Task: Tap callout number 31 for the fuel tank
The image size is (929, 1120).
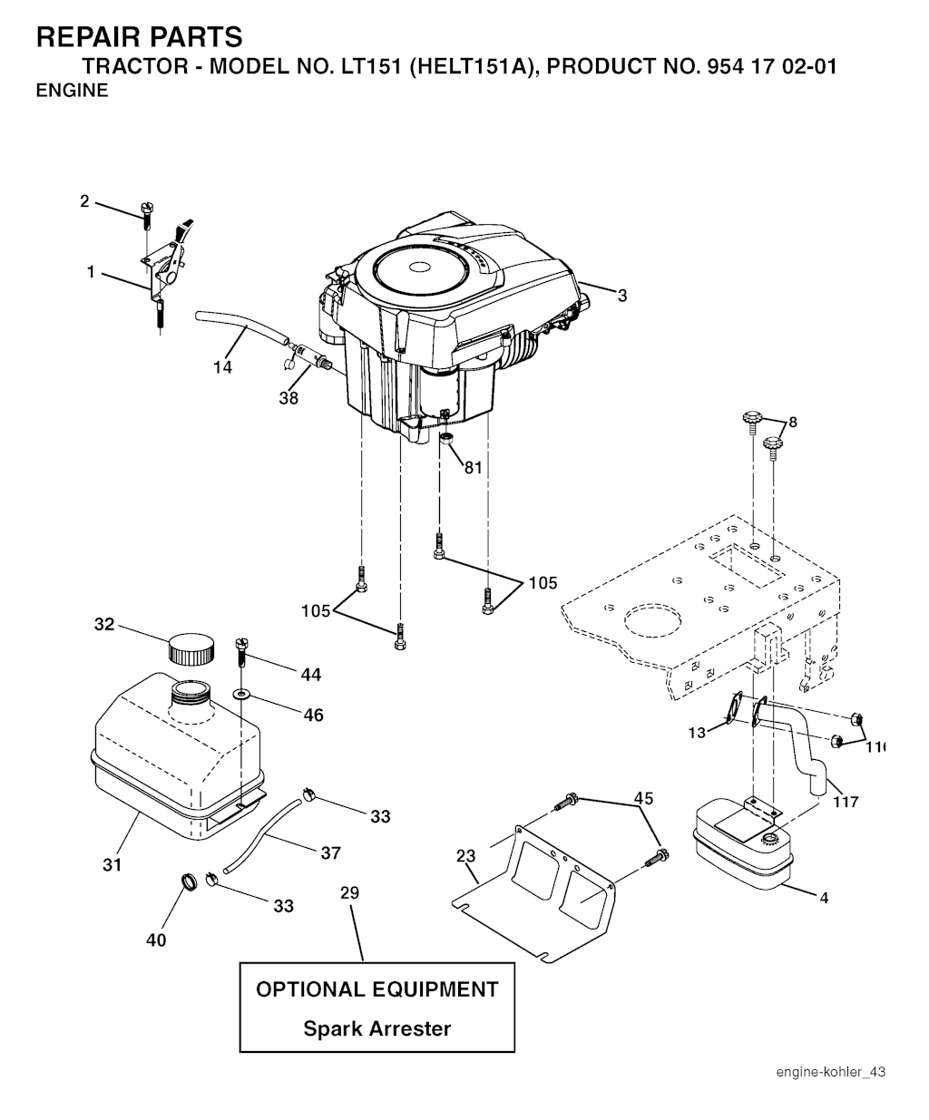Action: [112, 865]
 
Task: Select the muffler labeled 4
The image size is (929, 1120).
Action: [741, 845]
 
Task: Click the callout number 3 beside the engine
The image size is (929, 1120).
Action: [622, 295]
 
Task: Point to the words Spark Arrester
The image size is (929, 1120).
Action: [376, 1028]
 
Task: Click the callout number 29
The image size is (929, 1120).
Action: [349, 893]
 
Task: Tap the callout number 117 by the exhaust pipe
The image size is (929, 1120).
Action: [846, 802]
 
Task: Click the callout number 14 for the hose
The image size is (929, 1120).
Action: [222, 366]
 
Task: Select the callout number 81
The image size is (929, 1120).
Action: [473, 468]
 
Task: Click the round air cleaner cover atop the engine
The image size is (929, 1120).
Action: [419, 268]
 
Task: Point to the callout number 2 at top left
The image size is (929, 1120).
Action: [84, 201]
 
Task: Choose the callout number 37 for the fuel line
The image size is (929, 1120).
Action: [330, 852]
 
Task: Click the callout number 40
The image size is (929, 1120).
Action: [156, 940]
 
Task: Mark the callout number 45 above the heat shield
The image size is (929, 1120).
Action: [643, 798]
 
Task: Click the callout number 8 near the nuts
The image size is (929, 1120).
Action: [793, 422]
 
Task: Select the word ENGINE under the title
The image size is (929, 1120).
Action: [72, 91]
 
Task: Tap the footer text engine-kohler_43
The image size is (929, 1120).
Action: [830, 1072]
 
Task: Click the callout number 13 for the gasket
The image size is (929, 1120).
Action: [697, 733]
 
